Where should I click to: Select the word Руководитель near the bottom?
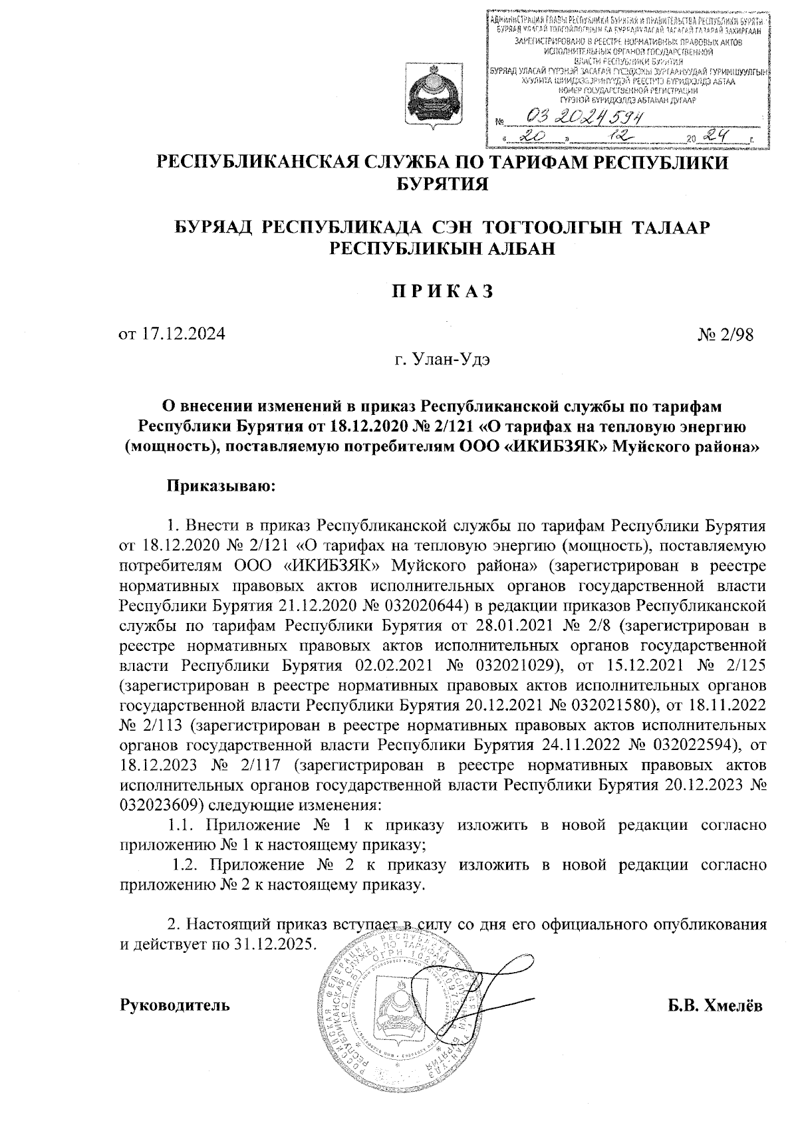click(x=175, y=1004)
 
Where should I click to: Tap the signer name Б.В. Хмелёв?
click(x=716, y=1004)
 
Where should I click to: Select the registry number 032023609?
click(x=161, y=805)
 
